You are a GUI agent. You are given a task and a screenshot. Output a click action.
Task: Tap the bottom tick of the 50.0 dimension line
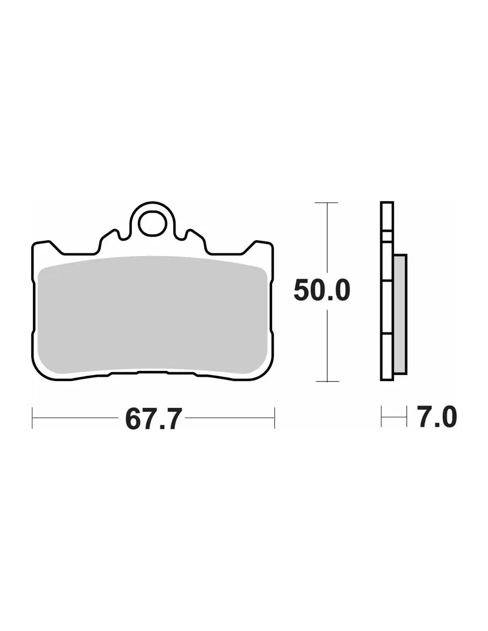pyautogui.click(x=327, y=381)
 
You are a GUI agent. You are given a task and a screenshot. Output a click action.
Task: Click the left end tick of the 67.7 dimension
pyautogui.click(x=32, y=418)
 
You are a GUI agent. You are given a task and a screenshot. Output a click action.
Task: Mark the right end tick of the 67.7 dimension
pyautogui.click(x=274, y=418)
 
